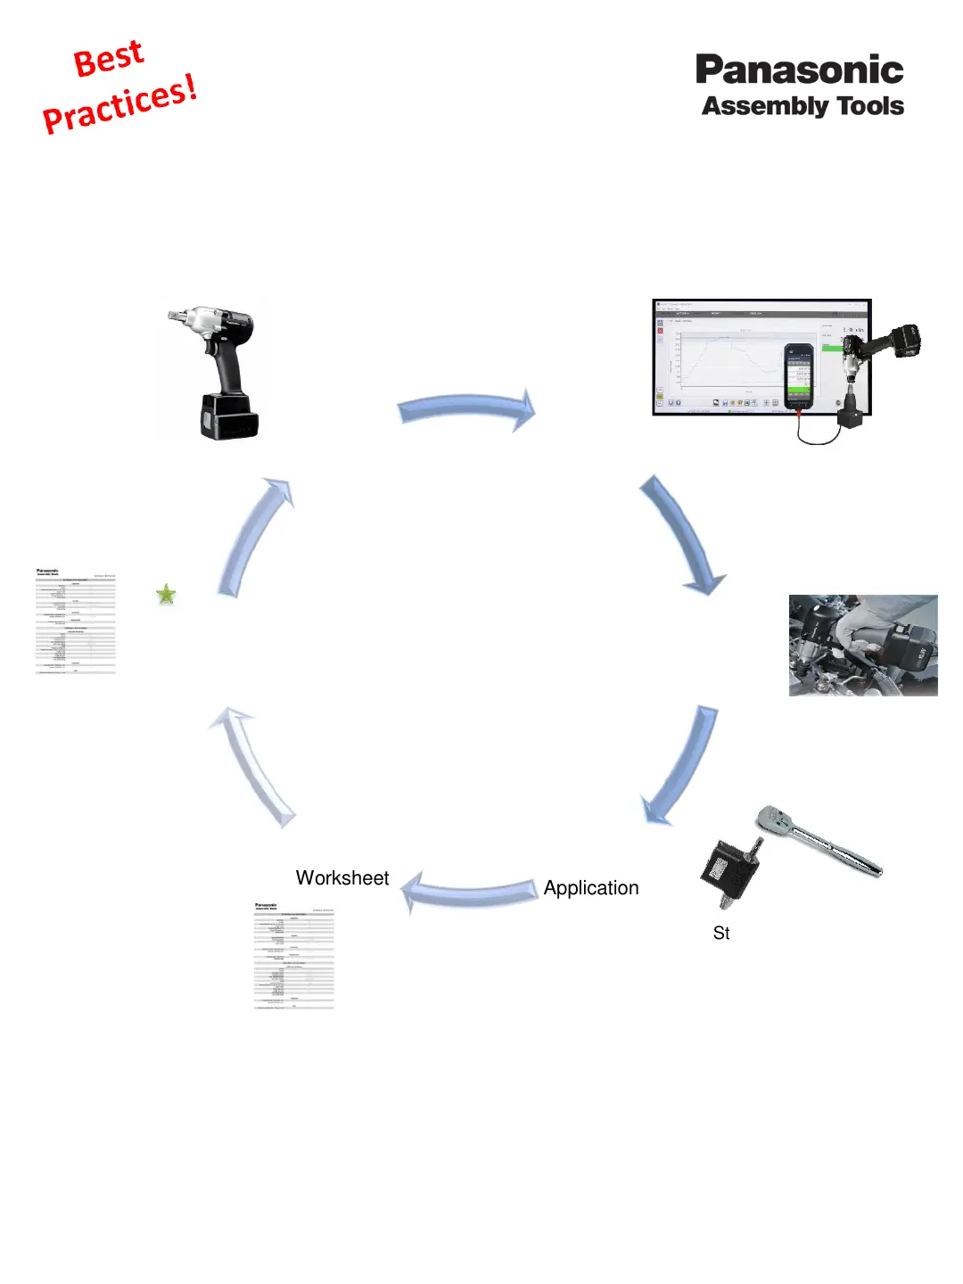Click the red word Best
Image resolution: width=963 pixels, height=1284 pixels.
[x=108, y=59]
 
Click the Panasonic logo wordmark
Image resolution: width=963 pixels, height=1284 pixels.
[x=799, y=70]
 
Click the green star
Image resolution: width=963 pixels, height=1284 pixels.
[x=166, y=594]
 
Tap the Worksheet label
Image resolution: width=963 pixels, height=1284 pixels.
[x=342, y=878]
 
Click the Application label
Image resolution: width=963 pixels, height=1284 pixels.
[x=591, y=888]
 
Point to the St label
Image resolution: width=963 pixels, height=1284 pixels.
[x=721, y=934]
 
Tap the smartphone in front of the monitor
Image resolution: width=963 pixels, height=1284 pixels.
[x=798, y=375]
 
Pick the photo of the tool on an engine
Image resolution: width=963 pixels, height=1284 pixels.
[x=863, y=646]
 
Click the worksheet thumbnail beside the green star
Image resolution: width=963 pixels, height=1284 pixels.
[x=76, y=621]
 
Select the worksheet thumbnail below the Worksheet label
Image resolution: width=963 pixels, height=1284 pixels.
[x=294, y=956]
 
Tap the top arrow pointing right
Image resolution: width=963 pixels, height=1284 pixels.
[x=466, y=410]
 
